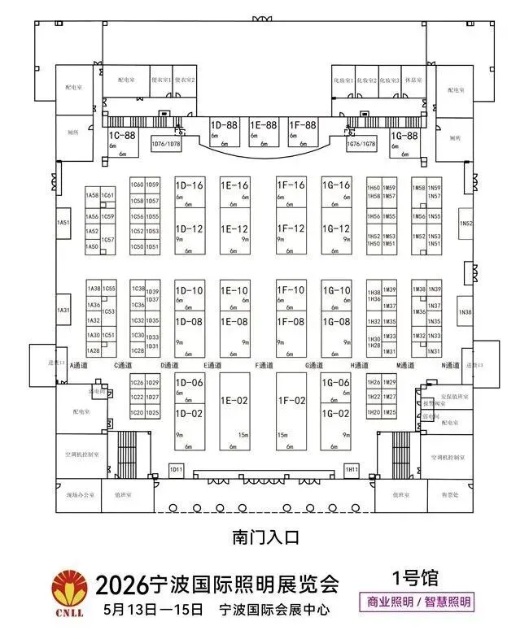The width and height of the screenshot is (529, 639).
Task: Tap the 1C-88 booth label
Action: tap(123, 135)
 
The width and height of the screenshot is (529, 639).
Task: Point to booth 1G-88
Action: tap(404, 135)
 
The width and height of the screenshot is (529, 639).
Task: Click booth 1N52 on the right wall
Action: tap(466, 222)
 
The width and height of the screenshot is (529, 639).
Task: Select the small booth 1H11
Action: tap(351, 470)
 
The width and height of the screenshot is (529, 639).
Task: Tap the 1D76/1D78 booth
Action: tap(167, 144)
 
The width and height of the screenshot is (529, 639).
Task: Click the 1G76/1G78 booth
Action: tap(361, 144)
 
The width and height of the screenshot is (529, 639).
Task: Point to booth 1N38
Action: tap(466, 311)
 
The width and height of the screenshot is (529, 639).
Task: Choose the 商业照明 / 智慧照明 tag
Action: tap(417, 602)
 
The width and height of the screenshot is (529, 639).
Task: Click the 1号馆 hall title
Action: tap(415, 579)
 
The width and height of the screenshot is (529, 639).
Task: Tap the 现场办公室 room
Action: tap(80, 494)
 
